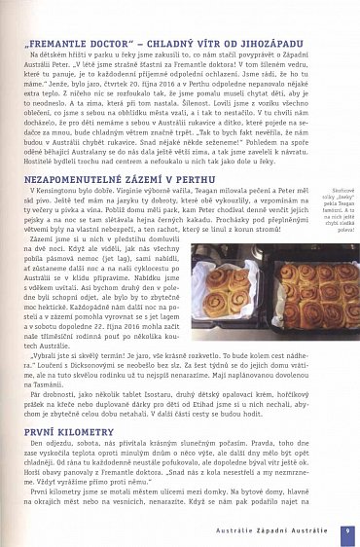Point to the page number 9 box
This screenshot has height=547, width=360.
click(346, 529)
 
